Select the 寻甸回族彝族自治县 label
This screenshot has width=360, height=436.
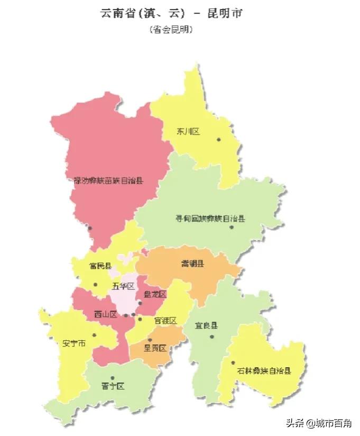coord(210,219)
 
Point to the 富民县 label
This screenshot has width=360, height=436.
coord(100,266)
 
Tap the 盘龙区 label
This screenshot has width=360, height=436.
coord(155,294)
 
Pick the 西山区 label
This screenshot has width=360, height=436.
coord(106,314)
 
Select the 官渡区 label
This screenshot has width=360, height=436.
coord(165,321)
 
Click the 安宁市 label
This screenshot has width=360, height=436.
coord(74,343)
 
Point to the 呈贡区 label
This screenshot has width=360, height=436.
coord(155,348)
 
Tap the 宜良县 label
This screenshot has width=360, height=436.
coord(207,325)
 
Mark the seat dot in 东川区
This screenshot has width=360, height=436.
coord(218,140)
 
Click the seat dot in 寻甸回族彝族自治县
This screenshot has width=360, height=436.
coord(232,227)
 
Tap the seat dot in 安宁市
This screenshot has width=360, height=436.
coord(94,334)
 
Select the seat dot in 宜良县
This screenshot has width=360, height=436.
coord(212,336)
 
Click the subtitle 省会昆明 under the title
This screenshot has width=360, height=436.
coord(171,30)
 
